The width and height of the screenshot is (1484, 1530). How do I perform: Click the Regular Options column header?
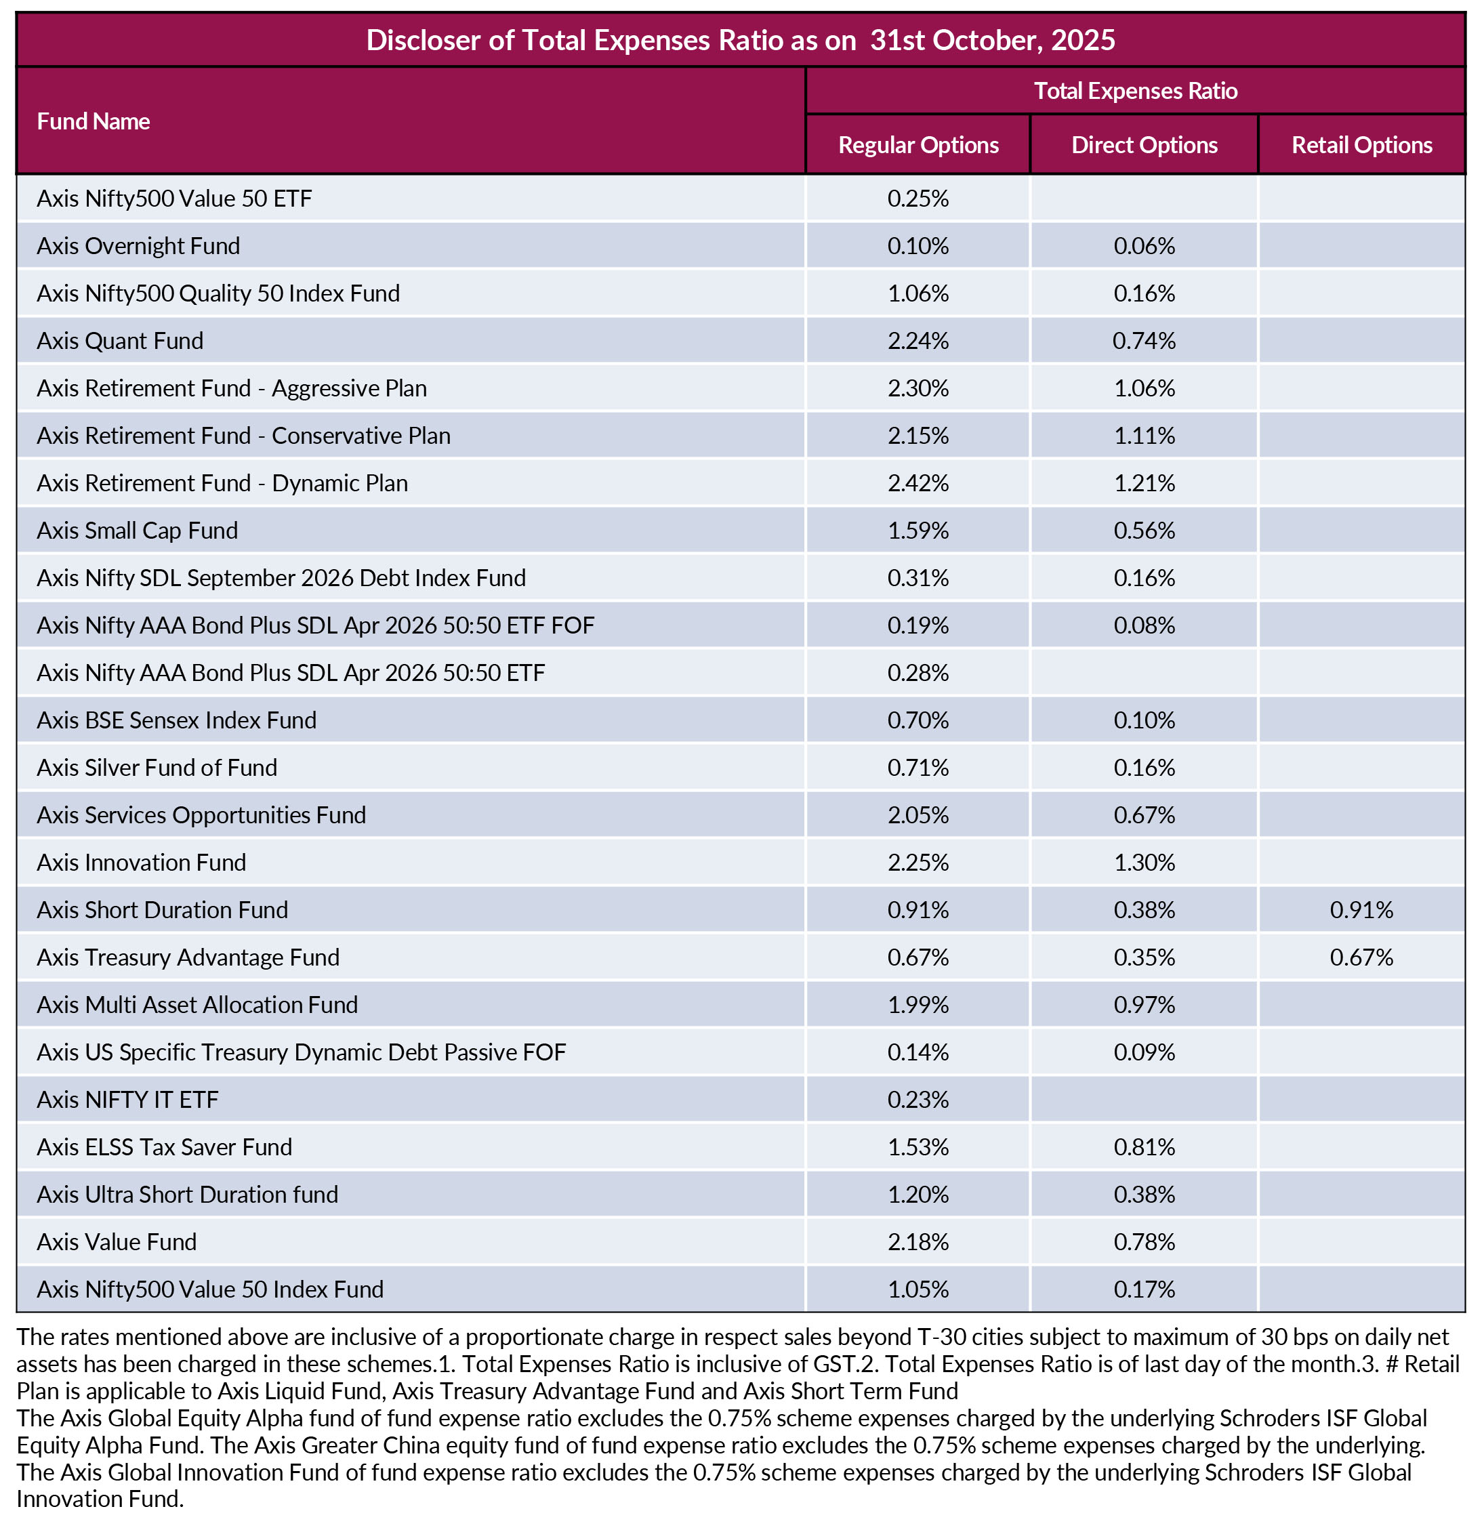[918, 145]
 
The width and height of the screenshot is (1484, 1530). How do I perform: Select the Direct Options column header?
[1144, 145]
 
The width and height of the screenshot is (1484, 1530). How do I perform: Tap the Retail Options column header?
[1361, 145]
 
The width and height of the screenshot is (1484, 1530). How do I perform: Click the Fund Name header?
[94, 122]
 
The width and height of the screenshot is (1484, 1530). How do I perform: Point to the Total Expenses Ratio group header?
[1135, 91]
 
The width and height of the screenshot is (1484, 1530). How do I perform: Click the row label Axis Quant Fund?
[120, 341]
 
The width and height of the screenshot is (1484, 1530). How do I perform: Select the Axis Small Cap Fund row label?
[138, 531]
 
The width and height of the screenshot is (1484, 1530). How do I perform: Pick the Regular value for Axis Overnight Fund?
[918, 247]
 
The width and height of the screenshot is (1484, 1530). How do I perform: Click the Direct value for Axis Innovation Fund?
[1144, 863]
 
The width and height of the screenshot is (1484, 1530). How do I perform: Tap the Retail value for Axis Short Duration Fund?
[1361, 910]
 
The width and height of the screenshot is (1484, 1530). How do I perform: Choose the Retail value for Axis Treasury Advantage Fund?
[1361, 958]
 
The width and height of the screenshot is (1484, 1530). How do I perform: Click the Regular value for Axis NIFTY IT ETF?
[918, 1100]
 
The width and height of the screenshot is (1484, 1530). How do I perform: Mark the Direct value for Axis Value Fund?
[1144, 1242]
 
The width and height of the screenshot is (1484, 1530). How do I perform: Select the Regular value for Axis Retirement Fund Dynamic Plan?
[918, 483]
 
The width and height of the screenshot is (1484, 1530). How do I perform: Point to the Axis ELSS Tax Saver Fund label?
[165, 1148]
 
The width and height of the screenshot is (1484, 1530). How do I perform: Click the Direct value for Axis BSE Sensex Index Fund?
[1144, 720]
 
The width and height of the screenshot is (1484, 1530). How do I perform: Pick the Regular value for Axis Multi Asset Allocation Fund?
[918, 1005]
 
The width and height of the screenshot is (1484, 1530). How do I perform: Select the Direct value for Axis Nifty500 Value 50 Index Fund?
[1144, 1289]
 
